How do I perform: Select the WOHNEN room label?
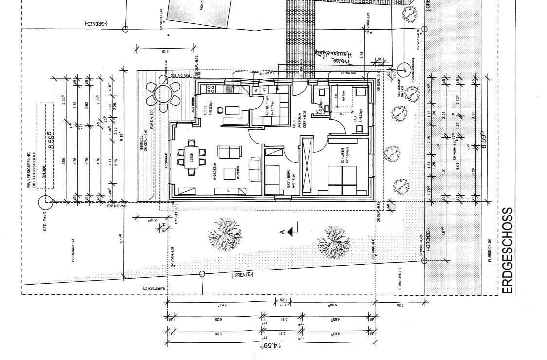(x=237, y=173)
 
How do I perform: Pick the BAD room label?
(x=347, y=113)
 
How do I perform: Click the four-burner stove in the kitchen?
(x=212, y=89)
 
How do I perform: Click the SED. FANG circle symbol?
(x=46, y=199)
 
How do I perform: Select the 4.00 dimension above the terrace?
(x=165, y=51)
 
